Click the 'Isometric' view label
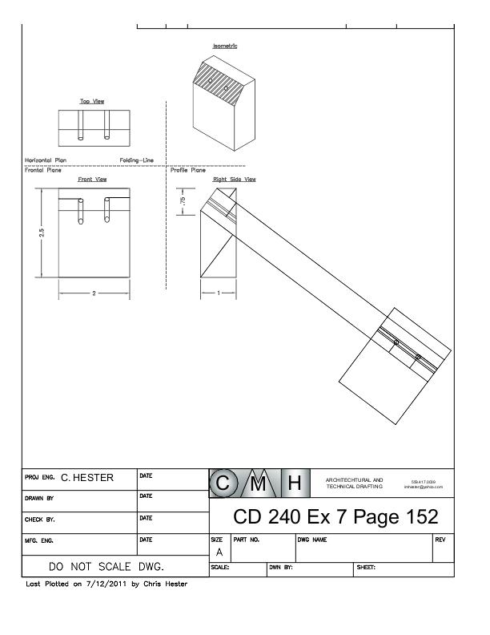point(225,46)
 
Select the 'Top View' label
point(92,102)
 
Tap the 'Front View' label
point(92,180)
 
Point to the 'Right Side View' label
point(235,180)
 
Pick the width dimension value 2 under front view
point(93,293)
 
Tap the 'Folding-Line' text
point(136,160)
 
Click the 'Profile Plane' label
point(188,170)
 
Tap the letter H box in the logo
point(293,483)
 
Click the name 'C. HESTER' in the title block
point(86,479)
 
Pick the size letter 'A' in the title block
point(217,552)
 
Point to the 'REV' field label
point(440,540)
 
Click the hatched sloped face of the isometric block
point(223,85)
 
